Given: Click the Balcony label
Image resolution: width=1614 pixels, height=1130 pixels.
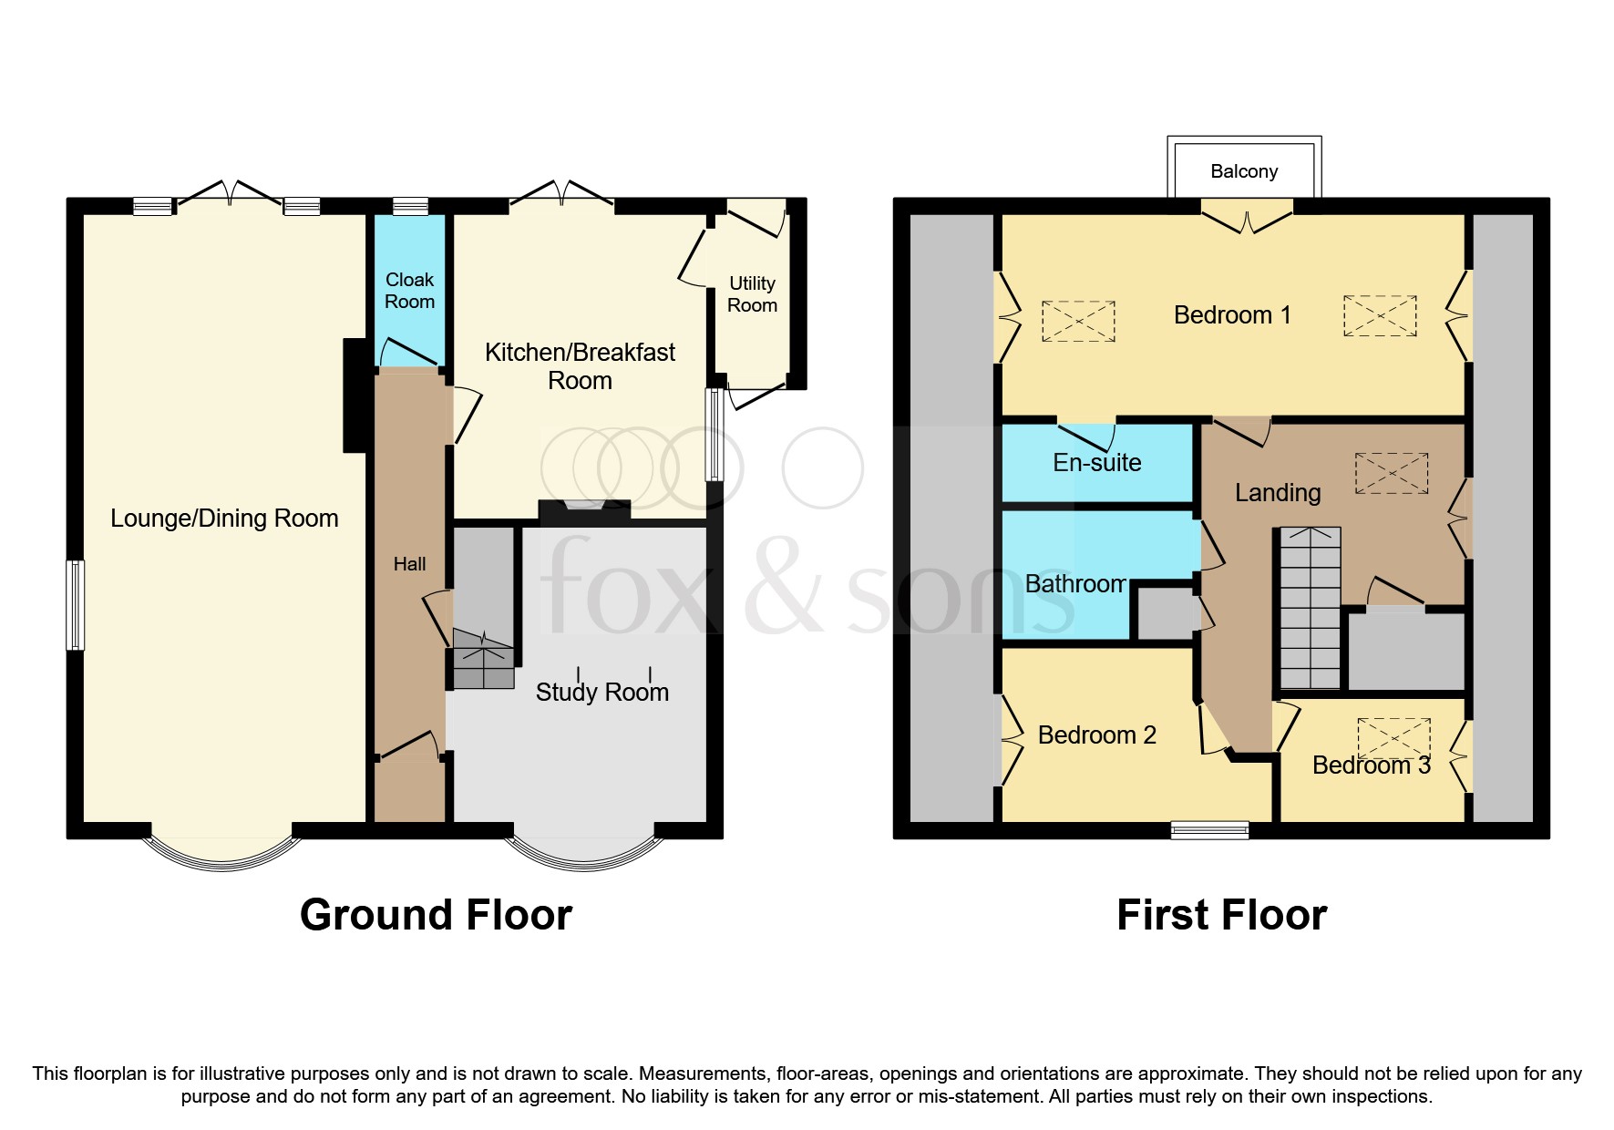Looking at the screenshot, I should tap(1243, 171).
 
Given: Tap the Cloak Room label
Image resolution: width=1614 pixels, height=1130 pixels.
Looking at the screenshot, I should tap(409, 291).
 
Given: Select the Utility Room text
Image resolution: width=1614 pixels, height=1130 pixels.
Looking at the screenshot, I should tap(752, 294).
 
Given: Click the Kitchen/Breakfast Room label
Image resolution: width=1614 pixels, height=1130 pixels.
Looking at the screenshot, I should tap(580, 365).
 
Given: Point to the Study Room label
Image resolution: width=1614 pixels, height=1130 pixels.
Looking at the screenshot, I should tap(601, 693).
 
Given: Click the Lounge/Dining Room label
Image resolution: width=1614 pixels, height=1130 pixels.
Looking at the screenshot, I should tap(224, 519).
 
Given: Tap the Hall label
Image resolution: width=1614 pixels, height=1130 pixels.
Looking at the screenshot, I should tap(409, 564).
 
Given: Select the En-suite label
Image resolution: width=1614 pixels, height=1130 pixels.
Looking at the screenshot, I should tap(1096, 463).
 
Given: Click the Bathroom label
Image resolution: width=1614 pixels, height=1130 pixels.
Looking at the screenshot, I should tap(1075, 584).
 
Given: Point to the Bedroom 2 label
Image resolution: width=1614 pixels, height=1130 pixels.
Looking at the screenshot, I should tap(1096, 735).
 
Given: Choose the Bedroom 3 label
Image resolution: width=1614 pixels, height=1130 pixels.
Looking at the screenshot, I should tap(1371, 765).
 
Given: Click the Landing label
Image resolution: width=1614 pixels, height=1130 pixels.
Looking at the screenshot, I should tap(1278, 493).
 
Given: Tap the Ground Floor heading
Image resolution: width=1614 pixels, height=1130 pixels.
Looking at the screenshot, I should tap(436, 915).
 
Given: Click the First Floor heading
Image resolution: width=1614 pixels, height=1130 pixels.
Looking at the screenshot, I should tap(1221, 915).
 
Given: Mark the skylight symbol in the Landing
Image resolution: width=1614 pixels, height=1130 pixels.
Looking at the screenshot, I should tap(1391, 474).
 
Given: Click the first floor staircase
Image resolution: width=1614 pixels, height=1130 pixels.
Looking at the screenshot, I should tap(1311, 609).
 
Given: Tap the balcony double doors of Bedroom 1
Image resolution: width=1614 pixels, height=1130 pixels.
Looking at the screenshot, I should tap(1247, 214).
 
